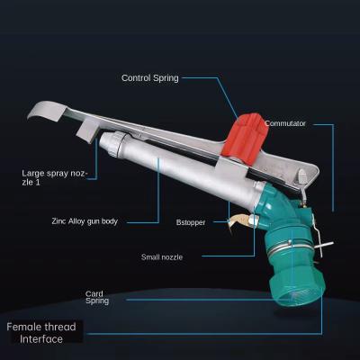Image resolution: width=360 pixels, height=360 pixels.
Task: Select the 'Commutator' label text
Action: click(x=284, y=123)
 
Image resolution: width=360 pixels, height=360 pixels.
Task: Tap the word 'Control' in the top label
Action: click(x=137, y=77)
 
